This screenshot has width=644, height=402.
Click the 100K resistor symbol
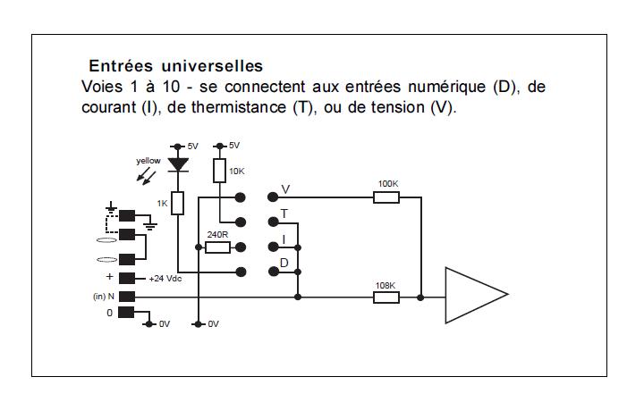pyautogui.click(x=386, y=197)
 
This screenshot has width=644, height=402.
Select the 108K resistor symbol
pyautogui.click(x=386, y=297)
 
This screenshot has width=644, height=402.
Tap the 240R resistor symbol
pyautogui.click(x=217, y=247)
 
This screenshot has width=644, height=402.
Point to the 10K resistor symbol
pyautogui.click(x=220, y=171)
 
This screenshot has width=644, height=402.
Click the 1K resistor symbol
pyautogui.click(x=177, y=203)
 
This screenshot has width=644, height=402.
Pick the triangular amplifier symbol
pyautogui.click(x=477, y=295)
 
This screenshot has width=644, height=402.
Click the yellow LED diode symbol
pyautogui.click(x=178, y=164)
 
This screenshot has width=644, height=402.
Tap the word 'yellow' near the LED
pyautogui.click(x=148, y=161)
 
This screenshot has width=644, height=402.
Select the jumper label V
pyautogui.click(x=285, y=189)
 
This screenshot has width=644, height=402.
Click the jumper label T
pyautogui.click(x=284, y=214)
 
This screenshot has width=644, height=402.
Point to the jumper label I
pyautogui.click(x=284, y=239)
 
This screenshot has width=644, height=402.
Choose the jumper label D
pyautogui.click(x=284, y=263)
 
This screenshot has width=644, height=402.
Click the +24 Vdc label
pyautogui.click(x=165, y=279)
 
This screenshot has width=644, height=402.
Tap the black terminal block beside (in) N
pyautogui.click(x=127, y=297)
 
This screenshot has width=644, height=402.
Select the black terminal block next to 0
pyautogui.click(x=126, y=313)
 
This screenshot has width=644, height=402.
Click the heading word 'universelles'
pyautogui.click(x=212, y=66)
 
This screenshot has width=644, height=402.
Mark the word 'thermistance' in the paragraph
pyautogui.click(x=239, y=107)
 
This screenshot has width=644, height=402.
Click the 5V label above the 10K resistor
pyautogui.click(x=234, y=146)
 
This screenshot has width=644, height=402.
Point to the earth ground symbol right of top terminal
pyautogui.click(x=151, y=225)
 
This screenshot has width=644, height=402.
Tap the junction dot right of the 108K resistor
pyautogui.click(x=420, y=297)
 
